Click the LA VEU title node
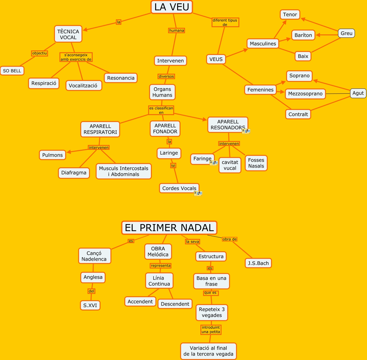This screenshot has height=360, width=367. coord(171,7)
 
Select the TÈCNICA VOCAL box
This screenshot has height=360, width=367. coord(68,34)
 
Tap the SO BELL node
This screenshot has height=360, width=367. coord(12,71)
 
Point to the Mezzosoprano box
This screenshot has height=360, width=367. coord(305,94)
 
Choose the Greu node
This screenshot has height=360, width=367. coord(346,33)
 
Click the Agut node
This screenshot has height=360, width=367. coord(358,93)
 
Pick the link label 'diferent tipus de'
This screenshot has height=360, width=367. coord(225,22)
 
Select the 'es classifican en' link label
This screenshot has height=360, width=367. coord(161,110)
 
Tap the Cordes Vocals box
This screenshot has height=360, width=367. coord(179,188)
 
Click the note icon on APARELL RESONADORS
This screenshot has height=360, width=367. coord(246,131)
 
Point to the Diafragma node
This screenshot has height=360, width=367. coord(74,173)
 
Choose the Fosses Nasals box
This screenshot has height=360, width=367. coord(256,163)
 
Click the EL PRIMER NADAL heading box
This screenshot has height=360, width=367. coord(169,228)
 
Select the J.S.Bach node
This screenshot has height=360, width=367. coord(258,263)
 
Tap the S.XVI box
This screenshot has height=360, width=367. coord(90,305)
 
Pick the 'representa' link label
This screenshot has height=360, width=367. coord(161,266)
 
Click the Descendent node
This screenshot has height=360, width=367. coord(175,304)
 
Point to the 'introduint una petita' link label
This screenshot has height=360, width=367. coord(211,329)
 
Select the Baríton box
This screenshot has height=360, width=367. coord(303,35)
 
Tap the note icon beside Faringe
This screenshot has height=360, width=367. coord(214,163)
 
